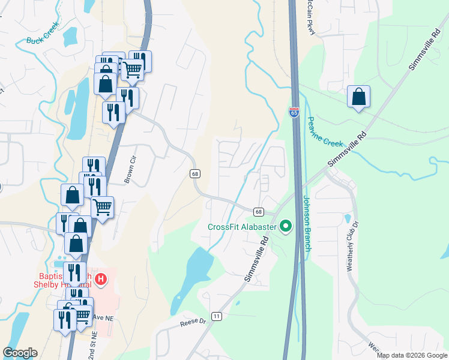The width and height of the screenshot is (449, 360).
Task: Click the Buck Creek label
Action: (43, 34)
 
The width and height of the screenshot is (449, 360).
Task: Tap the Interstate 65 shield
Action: (294, 112)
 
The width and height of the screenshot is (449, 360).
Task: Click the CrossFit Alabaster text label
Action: (242, 227)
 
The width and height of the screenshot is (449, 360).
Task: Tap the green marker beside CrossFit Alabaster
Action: (286, 227)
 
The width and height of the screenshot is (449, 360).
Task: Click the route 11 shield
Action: (217, 316)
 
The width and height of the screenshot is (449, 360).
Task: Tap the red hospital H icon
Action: (101, 279)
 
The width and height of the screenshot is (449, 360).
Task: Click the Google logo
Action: (20, 353)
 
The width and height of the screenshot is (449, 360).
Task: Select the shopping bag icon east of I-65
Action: (358, 97)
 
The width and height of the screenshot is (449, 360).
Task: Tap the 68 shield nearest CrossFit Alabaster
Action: (259, 212)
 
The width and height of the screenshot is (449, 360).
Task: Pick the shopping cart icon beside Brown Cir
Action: (103, 208)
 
